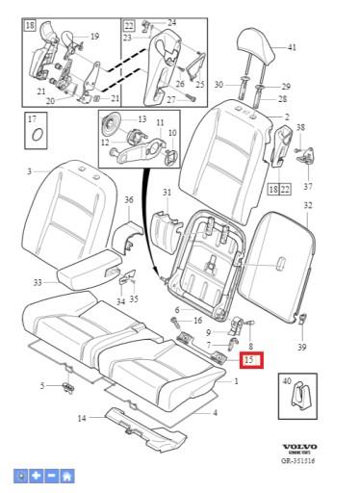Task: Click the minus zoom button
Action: [x=52, y=476]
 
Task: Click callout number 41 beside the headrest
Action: [x=292, y=47]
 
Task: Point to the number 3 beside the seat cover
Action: [x=29, y=171]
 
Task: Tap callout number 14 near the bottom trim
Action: [x=82, y=418]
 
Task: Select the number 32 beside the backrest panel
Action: [x=307, y=206]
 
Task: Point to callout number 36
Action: [x=128, y=199]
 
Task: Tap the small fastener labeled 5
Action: [x=67, y=388]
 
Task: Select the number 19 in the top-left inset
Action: [x=94, y=37]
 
